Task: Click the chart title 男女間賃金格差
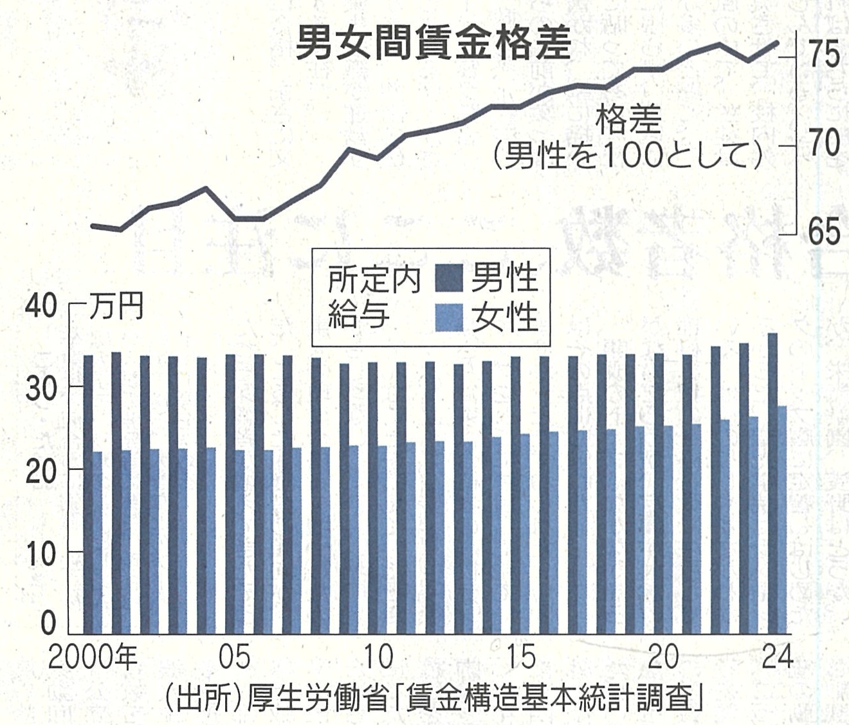[x=434, y=43]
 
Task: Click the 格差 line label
[x=628, y=120]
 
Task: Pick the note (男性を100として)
[x=627, y=155]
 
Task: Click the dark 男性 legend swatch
[x=449, y=278]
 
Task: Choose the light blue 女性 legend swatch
[x=449, y=317]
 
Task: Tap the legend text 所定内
[x=373, y=279]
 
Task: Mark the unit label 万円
[x=116, y=307]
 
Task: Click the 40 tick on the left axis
[x=41, y=306]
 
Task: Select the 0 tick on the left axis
[x=49, y=623]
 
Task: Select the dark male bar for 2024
[x=772, y=483]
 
